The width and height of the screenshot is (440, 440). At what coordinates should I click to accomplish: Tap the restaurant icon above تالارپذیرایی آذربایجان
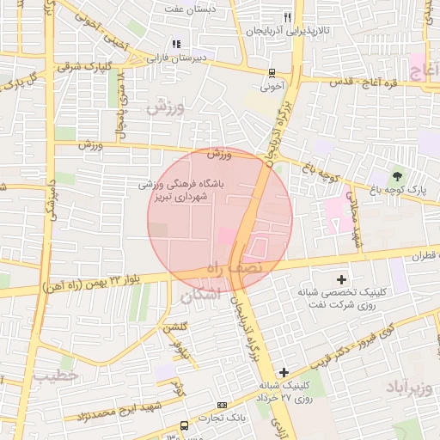[x=288, y=16]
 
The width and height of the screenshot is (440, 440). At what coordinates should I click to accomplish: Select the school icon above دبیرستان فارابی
[x=177, y=44]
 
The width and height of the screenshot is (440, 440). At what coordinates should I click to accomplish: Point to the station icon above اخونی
[x=272, y=73]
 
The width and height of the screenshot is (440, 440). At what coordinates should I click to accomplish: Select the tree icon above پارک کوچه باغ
[x=396, y=175]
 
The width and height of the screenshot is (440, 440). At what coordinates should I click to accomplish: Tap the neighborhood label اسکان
[x=200, y=295]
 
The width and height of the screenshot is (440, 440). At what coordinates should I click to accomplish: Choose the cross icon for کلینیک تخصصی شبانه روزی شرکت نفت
[x=342, y=278]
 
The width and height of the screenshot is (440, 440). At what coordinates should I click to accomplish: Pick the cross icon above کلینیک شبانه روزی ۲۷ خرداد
[x=284, y=371]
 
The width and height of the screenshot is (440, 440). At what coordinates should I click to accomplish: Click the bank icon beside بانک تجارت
[x=223, y=406]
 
